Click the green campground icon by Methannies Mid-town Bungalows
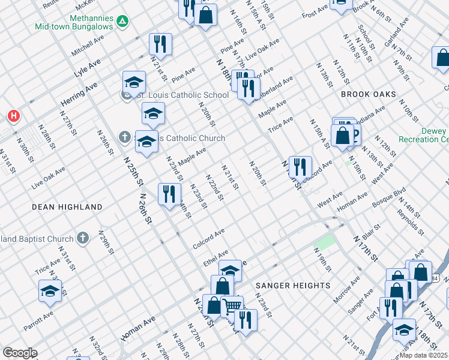click(122, 22)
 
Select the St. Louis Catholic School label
click(181, 95)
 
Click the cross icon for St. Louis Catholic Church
click(125, 138)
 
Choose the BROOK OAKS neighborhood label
click(369, 95)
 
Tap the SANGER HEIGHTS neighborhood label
click(293, 286)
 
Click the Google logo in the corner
click(19, 353)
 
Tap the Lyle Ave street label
click(88, 70)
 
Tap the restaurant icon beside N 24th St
click(169, 194)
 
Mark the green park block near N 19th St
click(325, 242)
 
